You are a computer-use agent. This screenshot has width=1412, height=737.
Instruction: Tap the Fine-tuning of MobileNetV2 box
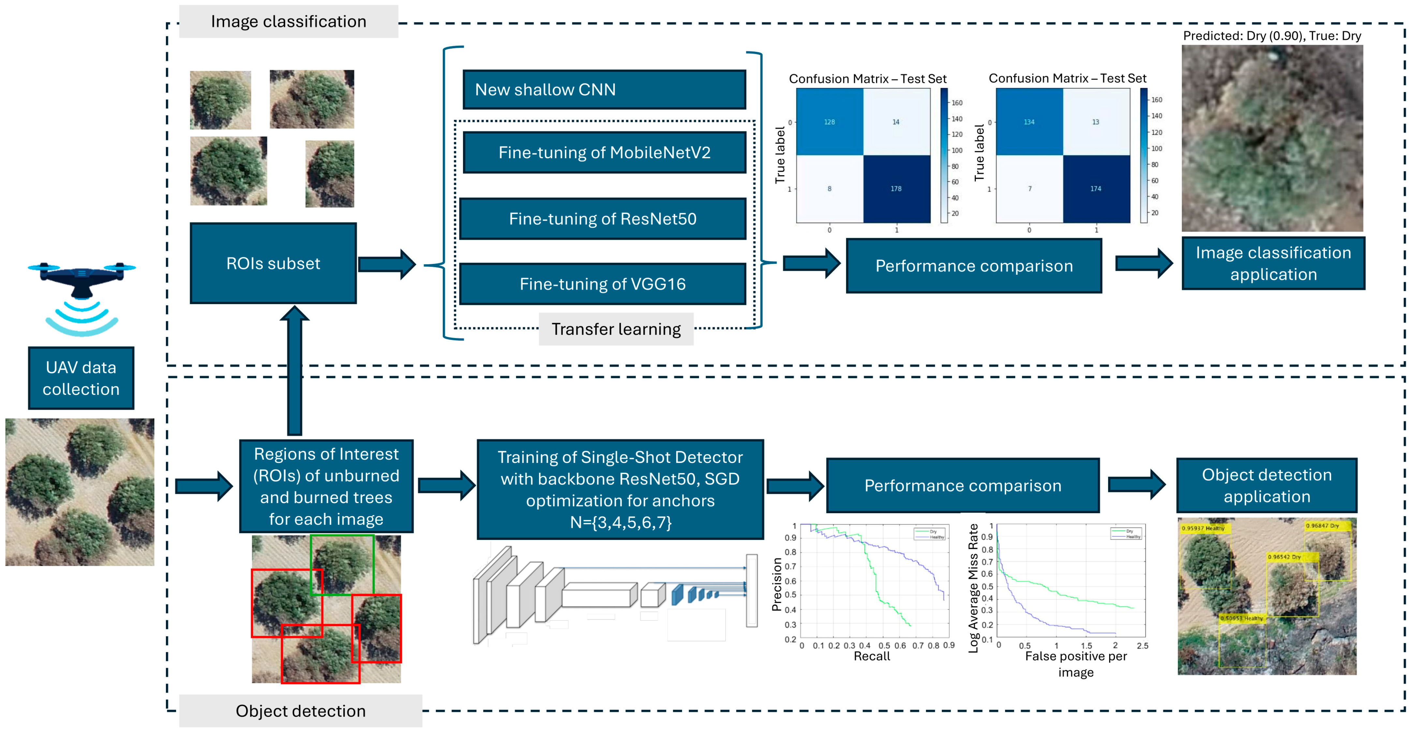tap(604, 152)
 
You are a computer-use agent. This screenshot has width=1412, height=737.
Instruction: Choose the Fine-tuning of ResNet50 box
tap(602, 219)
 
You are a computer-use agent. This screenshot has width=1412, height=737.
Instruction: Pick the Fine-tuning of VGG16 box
tap(602, 284)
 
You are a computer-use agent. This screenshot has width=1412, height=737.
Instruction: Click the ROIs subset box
tap(273, 263)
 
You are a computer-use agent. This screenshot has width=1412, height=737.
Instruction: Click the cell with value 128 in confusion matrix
tap(829, 122)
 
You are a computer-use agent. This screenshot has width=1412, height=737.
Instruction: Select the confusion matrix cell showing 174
tap(1096, 189)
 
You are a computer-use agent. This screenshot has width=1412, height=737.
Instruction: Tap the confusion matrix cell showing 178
tap(896, 189)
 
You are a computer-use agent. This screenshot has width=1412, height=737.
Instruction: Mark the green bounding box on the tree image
tap(342, 565)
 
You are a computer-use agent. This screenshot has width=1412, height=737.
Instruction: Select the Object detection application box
tap(1266, 485)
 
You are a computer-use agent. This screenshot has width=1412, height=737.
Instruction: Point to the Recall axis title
tap(871, 656)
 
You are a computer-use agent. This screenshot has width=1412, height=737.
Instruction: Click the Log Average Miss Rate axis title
tap(973, 588)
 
